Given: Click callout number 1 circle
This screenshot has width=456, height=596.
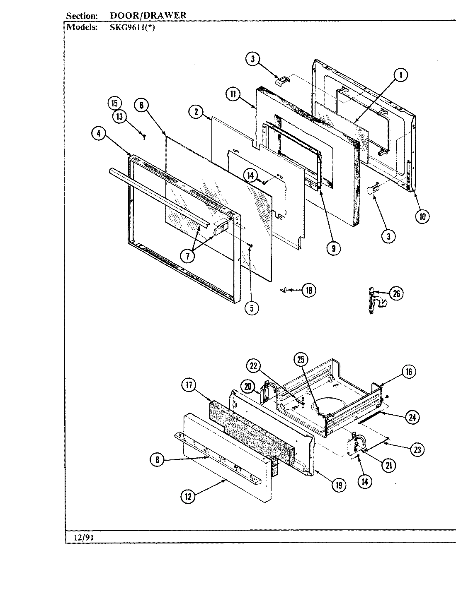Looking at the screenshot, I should click(x=400, y=75).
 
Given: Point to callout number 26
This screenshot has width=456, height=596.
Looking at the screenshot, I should click(x=396, y=293).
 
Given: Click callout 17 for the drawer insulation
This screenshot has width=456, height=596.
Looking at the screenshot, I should click(x=188, y=385).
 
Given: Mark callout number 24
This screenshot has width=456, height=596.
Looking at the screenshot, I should click(x=412, y=417).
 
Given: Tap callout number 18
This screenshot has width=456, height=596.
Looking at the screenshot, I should click(x=308, y=291).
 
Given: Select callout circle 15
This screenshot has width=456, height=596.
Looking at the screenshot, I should click(x=114, y=103).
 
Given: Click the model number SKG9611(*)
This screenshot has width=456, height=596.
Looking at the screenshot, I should click(x=129, y=27).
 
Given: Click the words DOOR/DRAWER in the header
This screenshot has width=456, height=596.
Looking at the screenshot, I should click(x=148, y=16).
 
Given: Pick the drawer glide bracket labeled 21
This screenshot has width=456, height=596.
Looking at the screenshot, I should click(x=357, y=445).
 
